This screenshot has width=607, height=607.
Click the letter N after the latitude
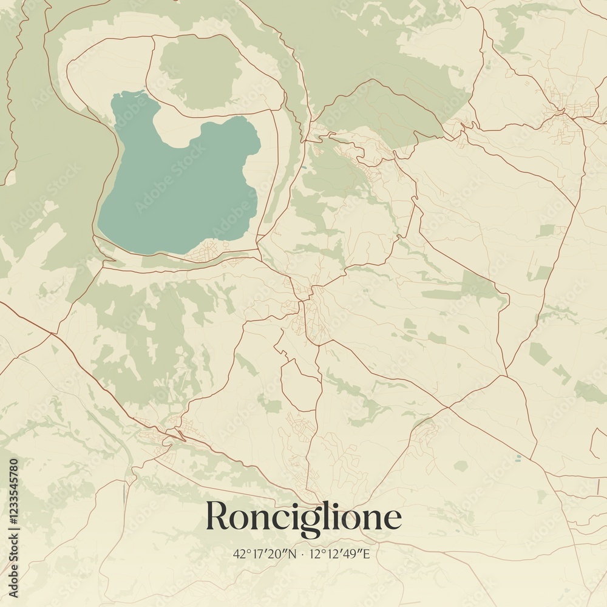(296, 554)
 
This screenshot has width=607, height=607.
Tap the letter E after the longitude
(366, 554)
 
